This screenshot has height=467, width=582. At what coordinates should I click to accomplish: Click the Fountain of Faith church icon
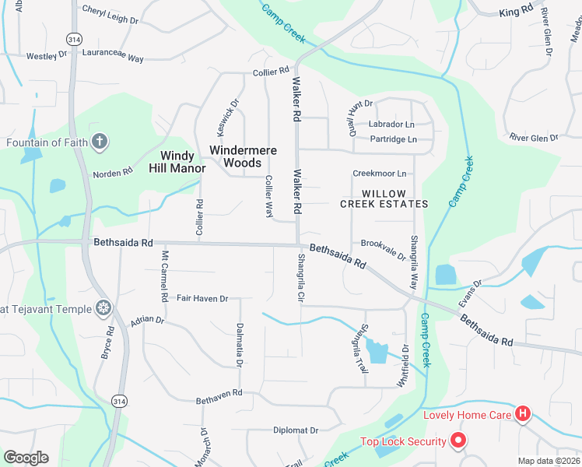(x=99, y=142)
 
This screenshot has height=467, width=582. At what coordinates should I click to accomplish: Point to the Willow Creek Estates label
(x=384, y=198)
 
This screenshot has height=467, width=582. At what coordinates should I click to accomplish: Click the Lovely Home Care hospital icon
(x=524, y=414)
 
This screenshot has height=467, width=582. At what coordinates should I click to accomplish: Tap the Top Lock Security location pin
(x=458, y=441)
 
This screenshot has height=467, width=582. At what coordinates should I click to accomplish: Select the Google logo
(x=26, y=458)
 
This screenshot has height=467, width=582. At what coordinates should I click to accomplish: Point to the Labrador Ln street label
(x=391, y=124)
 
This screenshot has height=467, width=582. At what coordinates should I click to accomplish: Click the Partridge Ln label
(x=394, y=139)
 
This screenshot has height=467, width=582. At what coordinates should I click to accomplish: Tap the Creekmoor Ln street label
(x=380, y=174)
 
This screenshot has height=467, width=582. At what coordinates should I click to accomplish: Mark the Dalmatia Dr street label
(x=240, y=345)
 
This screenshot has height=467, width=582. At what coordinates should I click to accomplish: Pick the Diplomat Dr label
(x=296, y=430)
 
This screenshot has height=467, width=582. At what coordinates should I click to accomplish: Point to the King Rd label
(x=516, y=12)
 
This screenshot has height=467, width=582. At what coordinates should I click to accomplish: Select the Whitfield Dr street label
(x=405, y=360)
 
